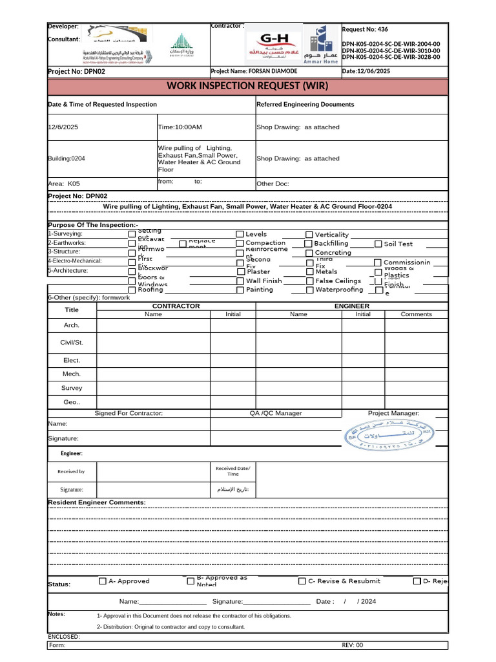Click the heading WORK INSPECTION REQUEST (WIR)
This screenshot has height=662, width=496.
click(247, 86)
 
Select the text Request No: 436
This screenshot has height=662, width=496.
click(366, 30)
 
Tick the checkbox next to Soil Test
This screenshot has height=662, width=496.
click(378, 244)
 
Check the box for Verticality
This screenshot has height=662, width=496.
click(309, 235)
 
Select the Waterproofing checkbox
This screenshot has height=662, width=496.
click(309, 290)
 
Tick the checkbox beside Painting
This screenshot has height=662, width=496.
click(240, 290)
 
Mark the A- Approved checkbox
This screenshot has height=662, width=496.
click(103, 581)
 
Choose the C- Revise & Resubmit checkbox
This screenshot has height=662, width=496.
click(302, 581)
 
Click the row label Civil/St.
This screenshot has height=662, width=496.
click(72, 342)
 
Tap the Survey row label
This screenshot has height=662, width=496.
click(72, 389)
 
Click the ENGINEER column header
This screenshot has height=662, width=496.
click(352, 306)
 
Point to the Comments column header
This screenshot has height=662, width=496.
click(416, 314)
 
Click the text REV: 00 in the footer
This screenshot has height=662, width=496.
click(353, 645)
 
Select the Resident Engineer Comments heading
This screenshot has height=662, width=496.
click(97, 502)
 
